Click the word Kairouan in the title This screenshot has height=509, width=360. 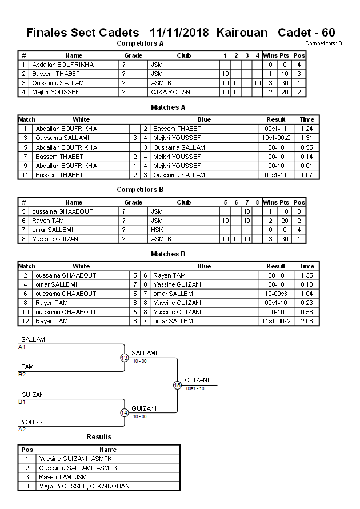point(242,33)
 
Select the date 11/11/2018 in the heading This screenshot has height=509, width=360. point(180,33)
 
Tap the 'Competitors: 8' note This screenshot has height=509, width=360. point(323,43)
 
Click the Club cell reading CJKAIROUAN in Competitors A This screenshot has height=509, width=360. point(170,92)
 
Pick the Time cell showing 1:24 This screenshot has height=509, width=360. point(307,129)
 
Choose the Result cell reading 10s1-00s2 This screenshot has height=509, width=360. point(276,138)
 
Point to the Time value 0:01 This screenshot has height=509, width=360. point(307,165)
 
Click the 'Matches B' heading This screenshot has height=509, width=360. point(168,254)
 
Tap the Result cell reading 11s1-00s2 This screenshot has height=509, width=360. point(276,321)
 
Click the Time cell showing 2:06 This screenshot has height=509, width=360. point(307,321)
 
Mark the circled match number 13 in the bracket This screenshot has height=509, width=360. point(124,358)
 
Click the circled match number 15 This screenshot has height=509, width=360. point(177,385)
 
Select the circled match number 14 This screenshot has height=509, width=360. point(124,412)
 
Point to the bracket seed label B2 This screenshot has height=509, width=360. point(22,374)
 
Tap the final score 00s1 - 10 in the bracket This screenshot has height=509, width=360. point(196,388)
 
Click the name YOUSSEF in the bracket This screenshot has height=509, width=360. point(35,422)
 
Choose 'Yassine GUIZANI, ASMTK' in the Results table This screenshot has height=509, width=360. point(71,459)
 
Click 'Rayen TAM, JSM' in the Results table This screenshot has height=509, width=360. point(61,477)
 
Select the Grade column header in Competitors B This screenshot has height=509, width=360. point(133,202)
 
